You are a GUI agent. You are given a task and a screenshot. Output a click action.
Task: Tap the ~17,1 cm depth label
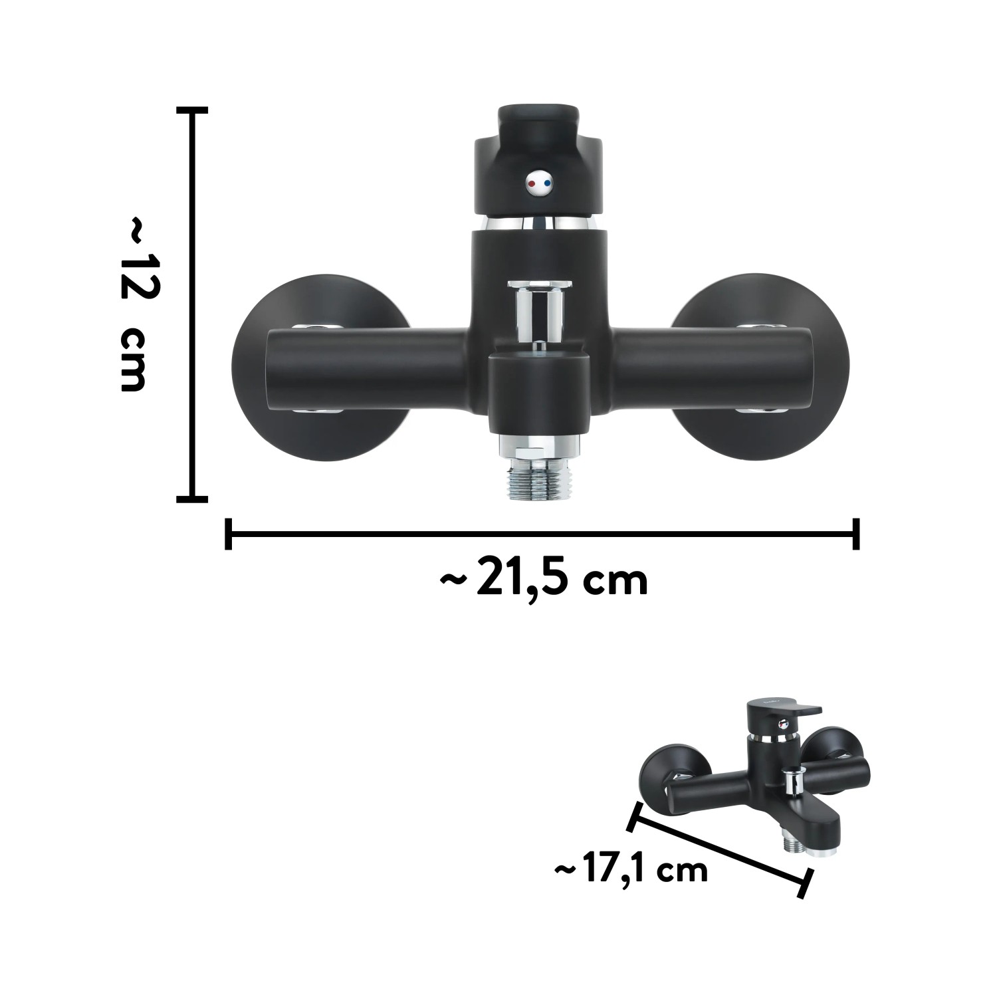[x=630, y=870]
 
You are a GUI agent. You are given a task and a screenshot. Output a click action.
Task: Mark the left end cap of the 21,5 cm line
[x=229, y=533]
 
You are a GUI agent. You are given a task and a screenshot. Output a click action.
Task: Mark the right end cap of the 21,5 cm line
[x=855, y=533]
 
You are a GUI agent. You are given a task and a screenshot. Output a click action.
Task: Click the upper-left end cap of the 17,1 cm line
[x=634, y=816]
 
